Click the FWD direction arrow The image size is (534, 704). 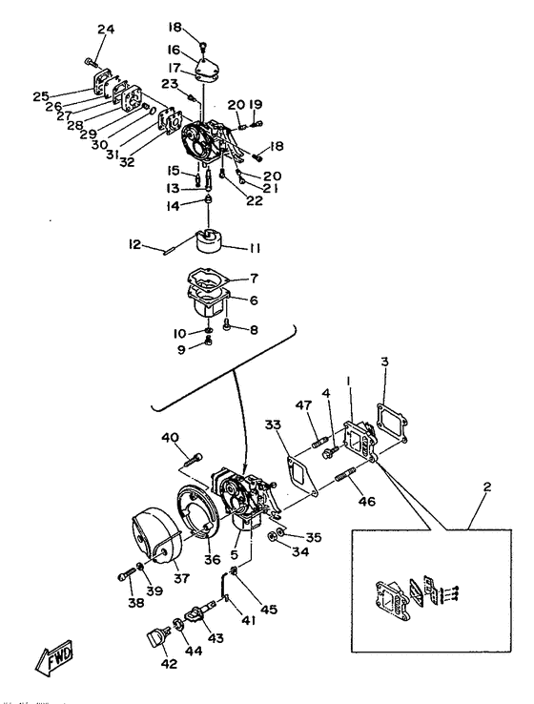tap(54, 658)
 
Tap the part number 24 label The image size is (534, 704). tap(106, 30)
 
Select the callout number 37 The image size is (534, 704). tap(181, 578)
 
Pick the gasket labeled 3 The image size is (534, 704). tap(391, 422)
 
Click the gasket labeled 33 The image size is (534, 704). tap(303, 475)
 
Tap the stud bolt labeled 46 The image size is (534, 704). tap(346, 475)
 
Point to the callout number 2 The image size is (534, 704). tap(487, 487)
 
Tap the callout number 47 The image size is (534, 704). tap(303, 405)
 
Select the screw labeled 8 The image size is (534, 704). tap(227, 323)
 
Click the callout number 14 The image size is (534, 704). tap(174, 206)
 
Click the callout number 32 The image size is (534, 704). tap(127, 161)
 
